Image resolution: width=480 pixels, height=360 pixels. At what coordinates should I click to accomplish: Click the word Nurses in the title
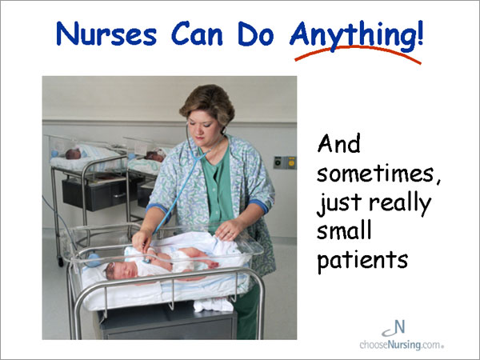[x=106, y=34]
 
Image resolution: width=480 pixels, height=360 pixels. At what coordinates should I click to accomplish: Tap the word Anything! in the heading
[x=356, y=35]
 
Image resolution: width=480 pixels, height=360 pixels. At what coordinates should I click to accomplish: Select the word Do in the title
[x=256, y=34]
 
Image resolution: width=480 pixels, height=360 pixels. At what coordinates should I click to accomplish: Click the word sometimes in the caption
[x=375, y=174]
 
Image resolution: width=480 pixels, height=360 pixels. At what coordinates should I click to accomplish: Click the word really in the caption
[x=401, y=203]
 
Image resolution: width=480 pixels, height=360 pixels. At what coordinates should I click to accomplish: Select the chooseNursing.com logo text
[x=402, y=345]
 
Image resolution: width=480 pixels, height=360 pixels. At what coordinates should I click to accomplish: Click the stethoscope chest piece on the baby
[x=147, y=261]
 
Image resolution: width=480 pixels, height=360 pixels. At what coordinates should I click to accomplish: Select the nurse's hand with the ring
[x=228, y=230]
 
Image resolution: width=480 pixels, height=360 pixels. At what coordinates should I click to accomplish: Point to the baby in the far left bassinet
[x=74, y=154]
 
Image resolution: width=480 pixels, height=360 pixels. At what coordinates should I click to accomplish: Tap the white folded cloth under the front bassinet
[x=213, y=305]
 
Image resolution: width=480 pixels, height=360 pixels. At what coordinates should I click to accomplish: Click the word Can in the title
[x=197, y=34]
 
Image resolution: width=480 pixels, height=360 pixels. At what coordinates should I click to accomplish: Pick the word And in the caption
[x=338, y=144]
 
